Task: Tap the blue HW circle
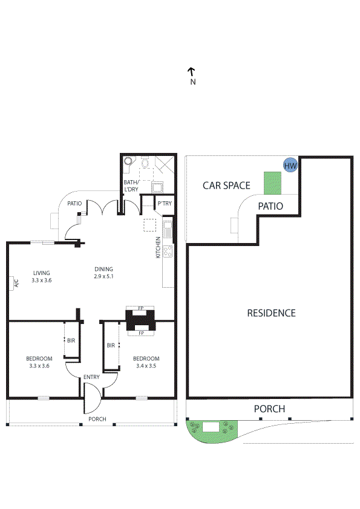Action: click(x=290, y=165)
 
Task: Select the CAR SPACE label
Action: click(x=226, y=186)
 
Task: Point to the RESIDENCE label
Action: click(x=271, y=313)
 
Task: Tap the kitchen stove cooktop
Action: click(x=168, y=250)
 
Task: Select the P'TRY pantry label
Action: click(x=165, y=204)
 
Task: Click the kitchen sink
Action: click(x=168, y=230)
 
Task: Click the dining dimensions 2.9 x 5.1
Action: click(x=103, y=276)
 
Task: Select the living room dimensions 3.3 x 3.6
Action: click(x=42, y=280)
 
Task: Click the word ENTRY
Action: click(x=92, y=378)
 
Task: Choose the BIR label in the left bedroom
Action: click(x=71, y=341)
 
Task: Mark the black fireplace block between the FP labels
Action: click(x=140, y=320)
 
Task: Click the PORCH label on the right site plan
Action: click(x=269, y=409)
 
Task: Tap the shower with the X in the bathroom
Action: click(x=165, y=165)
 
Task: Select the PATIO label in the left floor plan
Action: click(x=74, y=204)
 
